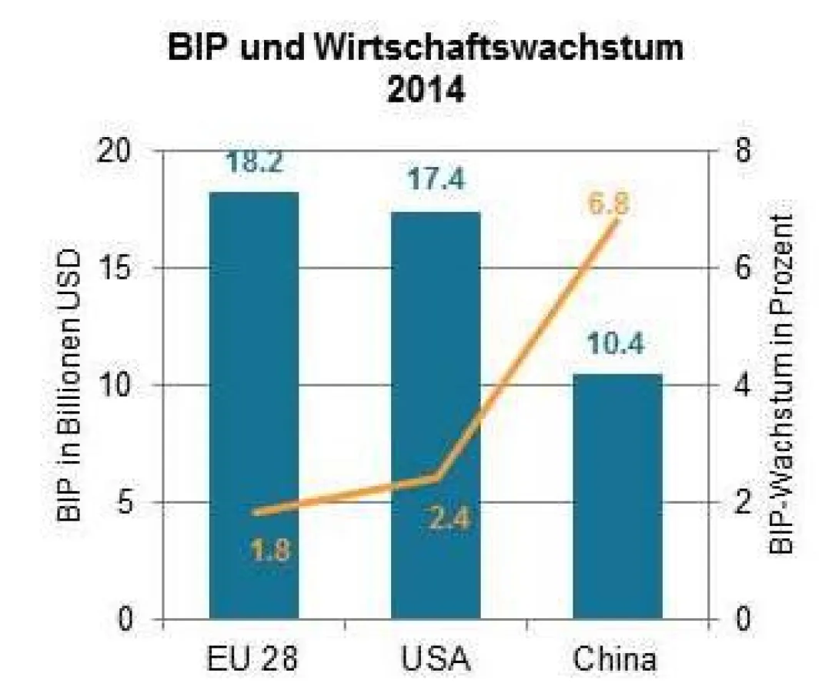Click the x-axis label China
[616, 660]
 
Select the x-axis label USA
[435, 660]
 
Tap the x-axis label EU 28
[253, 660]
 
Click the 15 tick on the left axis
[121, 269]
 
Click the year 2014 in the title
[426, 91]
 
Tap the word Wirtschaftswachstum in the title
[497, 49]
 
